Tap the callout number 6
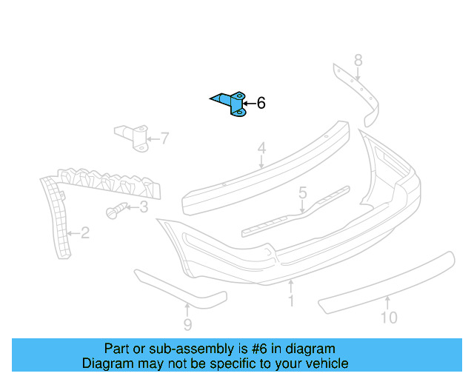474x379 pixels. click(261, 103)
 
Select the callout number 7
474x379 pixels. click(164, 138)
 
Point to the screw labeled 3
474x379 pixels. click(116, 210)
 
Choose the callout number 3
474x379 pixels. click(144, 207)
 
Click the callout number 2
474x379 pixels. click(85, 233)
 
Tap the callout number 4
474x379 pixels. click(261, 148)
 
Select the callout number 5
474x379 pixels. click(303, 192)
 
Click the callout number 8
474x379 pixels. click(358, 60)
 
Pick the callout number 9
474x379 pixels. click(187, 325)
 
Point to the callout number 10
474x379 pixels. click(389, 318)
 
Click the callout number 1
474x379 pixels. click(291, 301)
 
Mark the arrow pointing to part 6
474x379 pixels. click(249, 104)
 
